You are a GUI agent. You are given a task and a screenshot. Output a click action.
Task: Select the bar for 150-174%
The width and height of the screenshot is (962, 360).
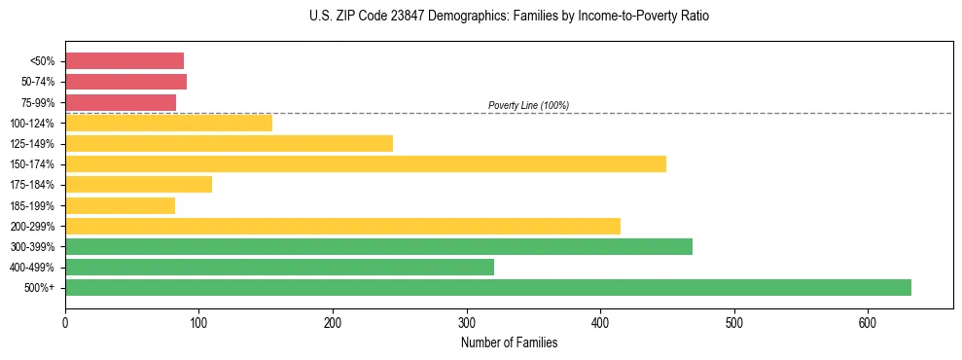click(x=366, y=163)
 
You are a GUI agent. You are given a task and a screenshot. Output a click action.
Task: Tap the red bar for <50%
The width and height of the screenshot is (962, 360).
click(x=125, y=60)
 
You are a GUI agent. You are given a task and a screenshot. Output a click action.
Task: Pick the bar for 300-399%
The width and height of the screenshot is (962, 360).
click(x=378, y=246)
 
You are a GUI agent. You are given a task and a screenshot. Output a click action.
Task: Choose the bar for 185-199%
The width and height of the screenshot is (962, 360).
click(x=120, y=205)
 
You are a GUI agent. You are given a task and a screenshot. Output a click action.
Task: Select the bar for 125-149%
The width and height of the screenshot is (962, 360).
click(x=229, y=143)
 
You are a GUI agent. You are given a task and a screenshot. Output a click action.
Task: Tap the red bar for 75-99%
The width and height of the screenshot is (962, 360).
click(x=121, y=102)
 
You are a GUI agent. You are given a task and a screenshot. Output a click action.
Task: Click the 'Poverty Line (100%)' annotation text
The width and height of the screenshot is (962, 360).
click(x=528, y=105)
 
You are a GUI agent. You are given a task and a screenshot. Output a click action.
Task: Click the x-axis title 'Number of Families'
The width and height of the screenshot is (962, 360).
click(x=509, y=342)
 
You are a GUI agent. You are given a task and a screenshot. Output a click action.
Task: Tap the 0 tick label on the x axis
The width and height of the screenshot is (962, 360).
click(x=65, y=323)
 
